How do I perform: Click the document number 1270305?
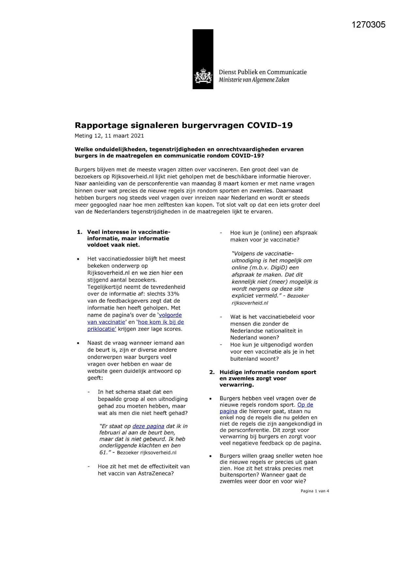coord(368,25)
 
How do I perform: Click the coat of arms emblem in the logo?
coord(203,76)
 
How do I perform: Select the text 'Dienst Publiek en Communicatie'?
coord(262,72)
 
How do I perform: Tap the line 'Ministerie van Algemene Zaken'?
coord(254,80)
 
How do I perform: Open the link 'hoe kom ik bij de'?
coord(161,322)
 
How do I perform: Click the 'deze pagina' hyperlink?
coord(148,426)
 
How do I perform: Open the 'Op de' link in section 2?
coord(305,405)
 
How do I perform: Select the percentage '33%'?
coord(173,294)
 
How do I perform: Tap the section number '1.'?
coord(80,232)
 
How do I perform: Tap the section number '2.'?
coord(212,372)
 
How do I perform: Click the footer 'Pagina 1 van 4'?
coord(315,491)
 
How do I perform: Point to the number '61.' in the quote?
coord(104,452)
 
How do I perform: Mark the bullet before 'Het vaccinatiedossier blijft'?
coord(78,259)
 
